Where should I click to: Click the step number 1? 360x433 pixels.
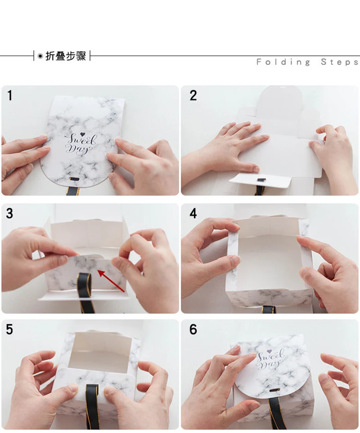click(x=10, y=95)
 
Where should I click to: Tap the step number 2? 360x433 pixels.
click(x=193, y=95)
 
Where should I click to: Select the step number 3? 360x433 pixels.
click(x=9, y=214)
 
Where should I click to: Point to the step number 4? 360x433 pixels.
click(x=193, y=214)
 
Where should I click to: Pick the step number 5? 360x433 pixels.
click(x=9, y=330)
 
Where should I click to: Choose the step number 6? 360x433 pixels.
click(x=193, y=330)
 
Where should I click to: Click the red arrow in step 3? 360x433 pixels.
click(x=111, y=281)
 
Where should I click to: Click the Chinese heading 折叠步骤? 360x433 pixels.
click(x=66, y=56)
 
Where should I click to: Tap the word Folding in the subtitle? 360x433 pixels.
click(x=283, y=62)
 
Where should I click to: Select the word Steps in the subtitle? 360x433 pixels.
click(x=340, y=62)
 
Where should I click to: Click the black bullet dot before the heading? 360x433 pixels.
click(x=40, y=56)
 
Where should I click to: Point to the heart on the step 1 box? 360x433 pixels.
click(x=82, y=134)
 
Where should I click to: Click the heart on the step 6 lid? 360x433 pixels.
click(x=270, y=352)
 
